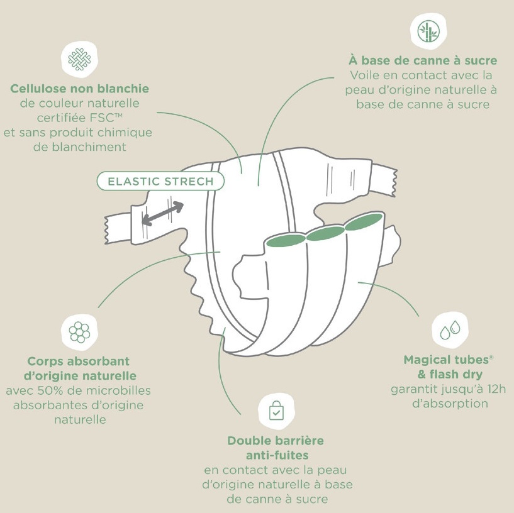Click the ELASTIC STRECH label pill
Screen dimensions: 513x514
[x=160, y=182]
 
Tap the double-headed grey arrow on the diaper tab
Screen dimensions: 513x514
[x=163, y=213]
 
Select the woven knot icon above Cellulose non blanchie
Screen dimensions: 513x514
[x=79, y=58]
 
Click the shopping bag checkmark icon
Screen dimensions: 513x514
[x=276, y=411]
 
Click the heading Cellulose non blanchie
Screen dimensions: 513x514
[x=79, y=89]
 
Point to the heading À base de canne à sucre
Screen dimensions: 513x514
[x=423, y=61]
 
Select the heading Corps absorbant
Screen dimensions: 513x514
[x=79, y=361]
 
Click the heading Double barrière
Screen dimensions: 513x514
[x=276, y=441]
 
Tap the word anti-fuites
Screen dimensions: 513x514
[x=276, y=455]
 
